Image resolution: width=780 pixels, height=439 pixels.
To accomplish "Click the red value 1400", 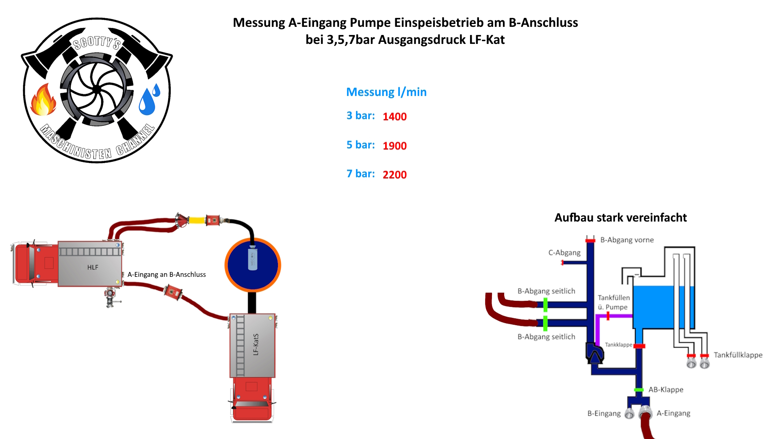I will (394, 117).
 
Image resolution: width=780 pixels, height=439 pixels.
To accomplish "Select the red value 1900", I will (394, 146).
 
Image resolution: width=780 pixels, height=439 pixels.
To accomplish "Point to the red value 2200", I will (394, 175).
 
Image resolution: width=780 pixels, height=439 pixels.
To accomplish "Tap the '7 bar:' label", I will (360, 174).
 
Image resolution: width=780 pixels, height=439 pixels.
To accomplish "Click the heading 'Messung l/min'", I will (386, 92).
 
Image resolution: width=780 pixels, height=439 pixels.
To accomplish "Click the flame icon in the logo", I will (43, 100).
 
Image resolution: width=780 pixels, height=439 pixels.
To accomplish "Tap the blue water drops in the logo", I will (149, 100).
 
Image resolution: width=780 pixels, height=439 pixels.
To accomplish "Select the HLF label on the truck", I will (93, 267).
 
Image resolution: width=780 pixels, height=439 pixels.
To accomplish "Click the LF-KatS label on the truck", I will (256, 345).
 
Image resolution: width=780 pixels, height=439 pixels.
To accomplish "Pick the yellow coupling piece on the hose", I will (197, 220).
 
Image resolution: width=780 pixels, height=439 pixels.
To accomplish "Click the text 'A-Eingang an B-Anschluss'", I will (167, 275).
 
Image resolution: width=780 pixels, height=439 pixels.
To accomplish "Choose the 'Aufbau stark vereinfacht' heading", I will (620, 218).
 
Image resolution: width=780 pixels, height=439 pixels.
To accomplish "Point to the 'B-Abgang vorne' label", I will (627, 240).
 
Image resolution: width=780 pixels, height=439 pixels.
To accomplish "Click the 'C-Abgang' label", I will (564, 253).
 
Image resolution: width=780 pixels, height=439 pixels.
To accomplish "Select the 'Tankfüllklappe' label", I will (738, 355).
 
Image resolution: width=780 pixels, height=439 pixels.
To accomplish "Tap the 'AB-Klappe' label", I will (665, 390).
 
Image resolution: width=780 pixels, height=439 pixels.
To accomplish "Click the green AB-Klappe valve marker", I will (639, 390).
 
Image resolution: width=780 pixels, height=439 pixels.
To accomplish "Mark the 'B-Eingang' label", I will (604, 414).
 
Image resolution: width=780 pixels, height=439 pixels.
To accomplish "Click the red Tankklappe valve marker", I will (639, 346).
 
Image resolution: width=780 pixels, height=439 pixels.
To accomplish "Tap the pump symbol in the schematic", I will (594, 353).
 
